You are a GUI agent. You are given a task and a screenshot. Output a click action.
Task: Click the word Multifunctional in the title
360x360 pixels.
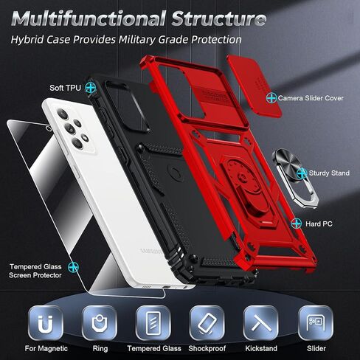(88, 18)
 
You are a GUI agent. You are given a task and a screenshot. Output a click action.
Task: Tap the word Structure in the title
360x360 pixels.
(218, 18)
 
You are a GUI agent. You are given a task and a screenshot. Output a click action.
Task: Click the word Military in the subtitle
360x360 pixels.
(137, 40)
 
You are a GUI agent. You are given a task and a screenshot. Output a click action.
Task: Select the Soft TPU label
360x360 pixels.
(65, 88)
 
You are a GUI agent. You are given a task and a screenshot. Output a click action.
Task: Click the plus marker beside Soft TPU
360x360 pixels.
(91, 88)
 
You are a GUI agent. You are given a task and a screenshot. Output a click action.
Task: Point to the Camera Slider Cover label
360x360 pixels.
(311, 98)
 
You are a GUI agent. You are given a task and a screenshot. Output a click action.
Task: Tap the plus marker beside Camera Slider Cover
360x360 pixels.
(271, 98)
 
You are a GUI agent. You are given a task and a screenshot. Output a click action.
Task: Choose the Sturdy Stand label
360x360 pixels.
(329, 173)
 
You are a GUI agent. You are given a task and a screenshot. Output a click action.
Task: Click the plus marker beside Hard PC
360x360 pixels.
(297, 224)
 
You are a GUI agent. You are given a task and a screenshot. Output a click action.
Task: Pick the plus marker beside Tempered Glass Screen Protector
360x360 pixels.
(73, 267)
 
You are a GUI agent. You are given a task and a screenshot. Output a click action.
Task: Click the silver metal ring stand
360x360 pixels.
(295, 178)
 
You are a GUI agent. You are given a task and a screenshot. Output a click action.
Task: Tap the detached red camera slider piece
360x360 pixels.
(255, 86)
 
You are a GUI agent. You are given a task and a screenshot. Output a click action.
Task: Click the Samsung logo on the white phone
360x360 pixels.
(151, 252)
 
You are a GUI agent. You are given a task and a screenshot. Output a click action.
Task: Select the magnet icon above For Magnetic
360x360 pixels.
(46, 323)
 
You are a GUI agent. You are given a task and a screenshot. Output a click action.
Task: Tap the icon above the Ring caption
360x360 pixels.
(100, 323)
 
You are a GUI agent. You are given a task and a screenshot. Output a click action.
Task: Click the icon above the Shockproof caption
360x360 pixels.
(207, 323)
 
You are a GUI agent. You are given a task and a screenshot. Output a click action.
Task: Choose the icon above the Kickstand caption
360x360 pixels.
(261, 323)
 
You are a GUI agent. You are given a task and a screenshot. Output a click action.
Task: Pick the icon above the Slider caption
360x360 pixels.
(316, 323)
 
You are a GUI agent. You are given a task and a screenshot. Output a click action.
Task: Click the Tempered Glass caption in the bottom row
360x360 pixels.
(154, 348)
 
